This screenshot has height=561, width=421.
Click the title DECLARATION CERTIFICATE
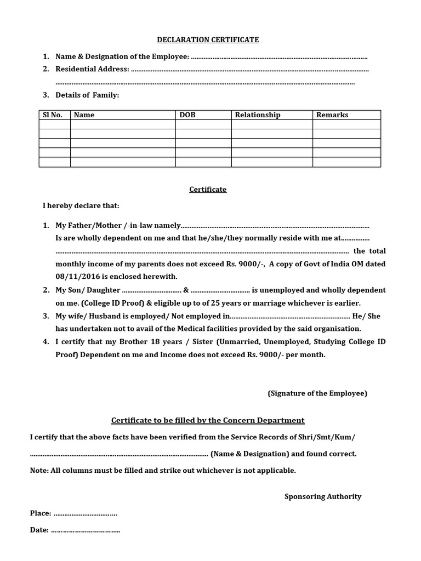[208, 40]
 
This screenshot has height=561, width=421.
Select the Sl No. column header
[53, 115]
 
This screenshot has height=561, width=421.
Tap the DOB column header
[187, 115]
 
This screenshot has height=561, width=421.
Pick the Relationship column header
[258, 115]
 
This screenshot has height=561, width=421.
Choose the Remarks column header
[332, 115]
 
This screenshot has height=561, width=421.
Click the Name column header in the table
[84, 115]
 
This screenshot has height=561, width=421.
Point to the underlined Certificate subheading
[208, 190]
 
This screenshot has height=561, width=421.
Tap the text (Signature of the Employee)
[317, 393]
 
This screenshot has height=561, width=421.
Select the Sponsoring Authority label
[323, 496]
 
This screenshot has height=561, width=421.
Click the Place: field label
[41, 513]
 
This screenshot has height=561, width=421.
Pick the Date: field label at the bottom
[39, 530]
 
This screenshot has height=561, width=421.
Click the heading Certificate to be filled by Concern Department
[208, 421]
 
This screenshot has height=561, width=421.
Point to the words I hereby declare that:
[81, 206]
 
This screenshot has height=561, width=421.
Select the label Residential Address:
[93, 69]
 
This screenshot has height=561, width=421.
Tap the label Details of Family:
[87, 95]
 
